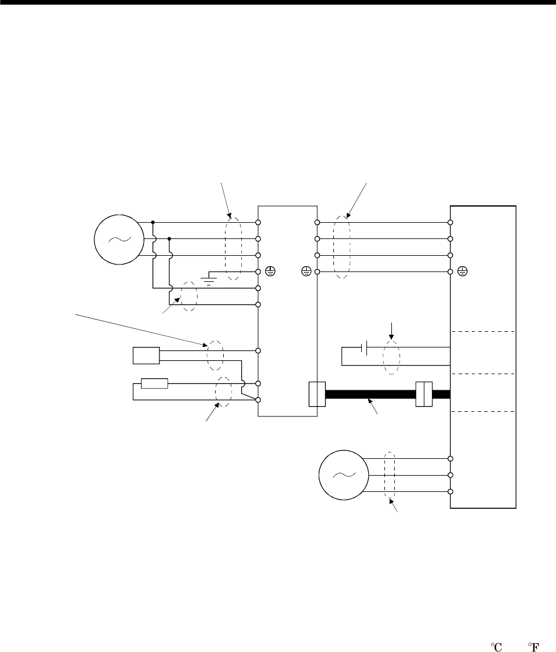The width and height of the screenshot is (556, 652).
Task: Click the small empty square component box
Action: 146,355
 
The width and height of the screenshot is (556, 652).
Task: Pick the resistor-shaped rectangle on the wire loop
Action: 155,383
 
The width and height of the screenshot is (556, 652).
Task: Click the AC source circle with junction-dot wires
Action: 118,238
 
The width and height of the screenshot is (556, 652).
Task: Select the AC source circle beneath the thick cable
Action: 342,474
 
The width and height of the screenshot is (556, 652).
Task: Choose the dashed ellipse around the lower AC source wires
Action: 390,475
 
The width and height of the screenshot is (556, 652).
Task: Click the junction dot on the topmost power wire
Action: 152,222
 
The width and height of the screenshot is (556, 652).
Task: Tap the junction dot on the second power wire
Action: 169,238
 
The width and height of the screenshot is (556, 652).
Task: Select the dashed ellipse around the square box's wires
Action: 215,356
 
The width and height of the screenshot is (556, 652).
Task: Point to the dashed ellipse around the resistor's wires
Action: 224,392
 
